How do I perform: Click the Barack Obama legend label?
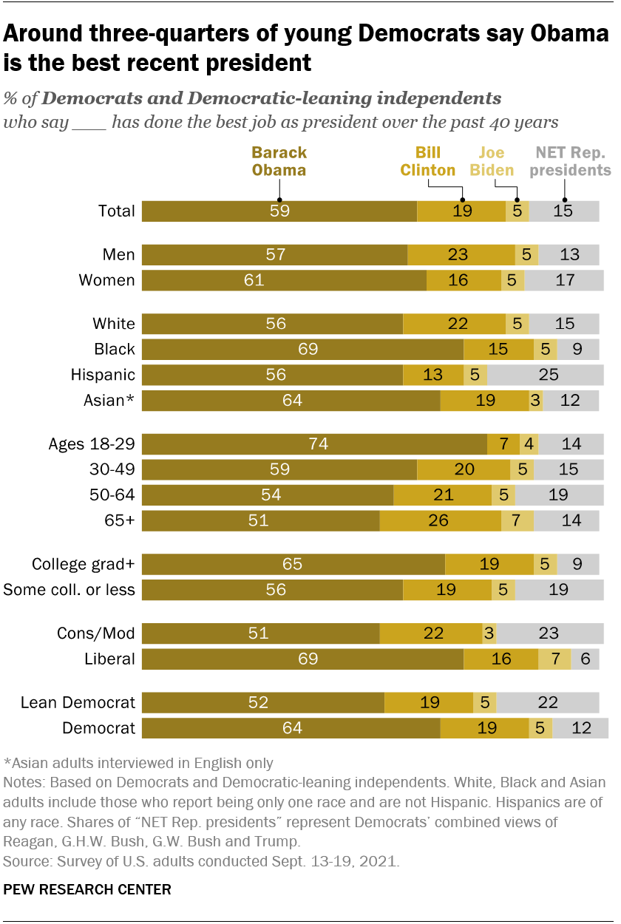[x=279, y=161]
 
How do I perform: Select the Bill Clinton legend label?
[x=427, y=161]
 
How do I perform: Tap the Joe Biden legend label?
[x=491, y=161]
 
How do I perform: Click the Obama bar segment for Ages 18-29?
[x=314, y=444]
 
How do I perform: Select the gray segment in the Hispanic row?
[x=548, y=375]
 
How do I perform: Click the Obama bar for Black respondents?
[x=302, y=349]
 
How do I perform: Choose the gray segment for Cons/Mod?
[x=548, y=633]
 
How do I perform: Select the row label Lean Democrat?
[x=78, y=703]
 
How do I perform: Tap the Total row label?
[x=117, y=211]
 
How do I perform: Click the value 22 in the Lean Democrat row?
[x=547, y=703]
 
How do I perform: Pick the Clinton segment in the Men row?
[x=461, y=255]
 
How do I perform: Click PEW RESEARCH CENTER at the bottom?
[x=87, y=889]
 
